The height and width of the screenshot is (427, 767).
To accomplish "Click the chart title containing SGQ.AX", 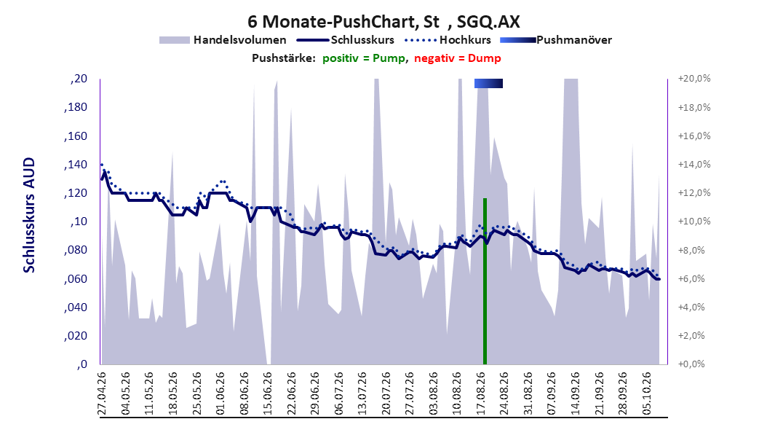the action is coord(383,22).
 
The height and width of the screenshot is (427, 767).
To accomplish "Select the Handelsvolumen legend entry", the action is coord(223,40).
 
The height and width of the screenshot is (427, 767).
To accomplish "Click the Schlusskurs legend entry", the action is coord(346,40).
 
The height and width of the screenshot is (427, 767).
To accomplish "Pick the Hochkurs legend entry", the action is coord(448,40).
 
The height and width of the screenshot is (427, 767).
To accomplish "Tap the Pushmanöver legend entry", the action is coord(556,40).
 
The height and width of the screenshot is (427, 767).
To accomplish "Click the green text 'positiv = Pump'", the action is coord(364,58).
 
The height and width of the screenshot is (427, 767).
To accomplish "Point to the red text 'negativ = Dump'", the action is coord(458,58).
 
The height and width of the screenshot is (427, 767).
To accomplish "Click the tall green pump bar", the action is coord(485,281).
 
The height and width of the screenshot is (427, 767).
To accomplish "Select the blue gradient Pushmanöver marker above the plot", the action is coord(489,83).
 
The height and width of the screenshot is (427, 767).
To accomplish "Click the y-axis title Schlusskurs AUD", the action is coord(29,215).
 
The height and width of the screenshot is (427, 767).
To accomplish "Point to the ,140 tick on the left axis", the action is coord(76,165).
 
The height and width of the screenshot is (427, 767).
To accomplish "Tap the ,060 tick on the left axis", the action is coord(76,279).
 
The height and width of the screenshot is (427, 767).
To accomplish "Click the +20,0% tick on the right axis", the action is coord(694,79).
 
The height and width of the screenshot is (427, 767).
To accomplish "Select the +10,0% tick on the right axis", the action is coord(694,222).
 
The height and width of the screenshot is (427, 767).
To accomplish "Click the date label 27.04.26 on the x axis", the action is coord(102,393).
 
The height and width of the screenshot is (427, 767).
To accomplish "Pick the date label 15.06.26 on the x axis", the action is coord(268,393).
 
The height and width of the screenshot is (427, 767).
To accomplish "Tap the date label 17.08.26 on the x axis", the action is coord(481,393).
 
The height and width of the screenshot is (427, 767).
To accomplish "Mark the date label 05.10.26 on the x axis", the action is coord(647,393).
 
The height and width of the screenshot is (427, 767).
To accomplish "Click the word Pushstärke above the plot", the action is coord(284,58).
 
